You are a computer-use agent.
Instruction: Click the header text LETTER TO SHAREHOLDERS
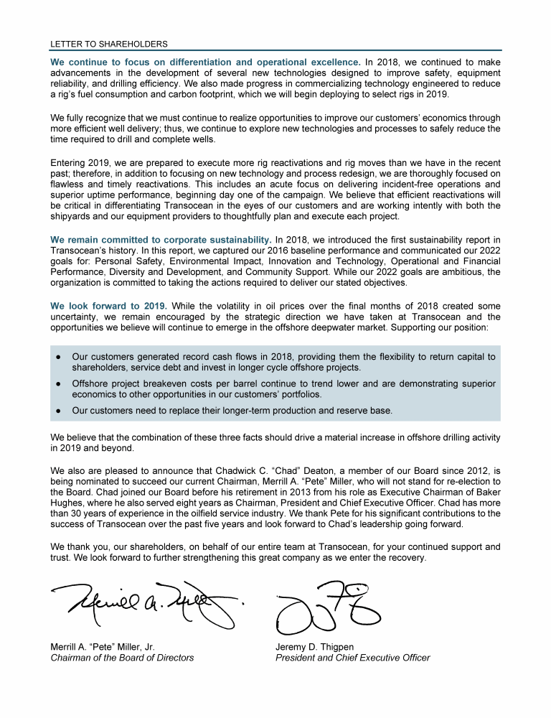coord(108,44)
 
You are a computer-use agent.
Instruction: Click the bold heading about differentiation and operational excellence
coord(205,62)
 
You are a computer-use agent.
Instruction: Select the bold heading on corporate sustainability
coord(161,239)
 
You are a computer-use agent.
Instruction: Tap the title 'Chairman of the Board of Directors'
coord(122,658)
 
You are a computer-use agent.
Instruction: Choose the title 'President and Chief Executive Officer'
coord(353,658)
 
